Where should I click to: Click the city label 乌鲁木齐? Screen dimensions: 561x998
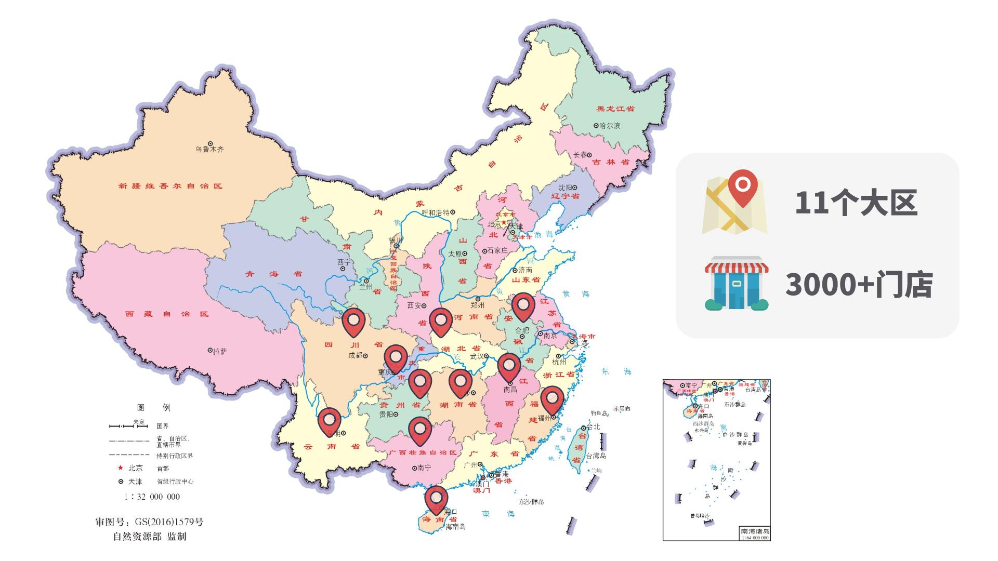pyautogui.click(x=209, y=150)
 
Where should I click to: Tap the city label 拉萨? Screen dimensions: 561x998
pyautogui.click(x=220, y=352)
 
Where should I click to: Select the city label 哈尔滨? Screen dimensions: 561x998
pyautogui.click(x=609, y=126)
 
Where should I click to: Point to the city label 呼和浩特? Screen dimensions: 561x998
pyautogui.click(x=436, y=212)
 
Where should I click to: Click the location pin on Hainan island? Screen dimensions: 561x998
pyautogui.click(x=436, y=499)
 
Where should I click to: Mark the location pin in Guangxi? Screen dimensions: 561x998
pyautogui.click(x=420, y=430)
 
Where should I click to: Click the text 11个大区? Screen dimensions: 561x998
pyautogui.click(x=856, y=203)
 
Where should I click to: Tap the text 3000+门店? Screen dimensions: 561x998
pyautogui.click(x=859, y=285)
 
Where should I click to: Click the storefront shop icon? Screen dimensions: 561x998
pyautogui.click(x=737, y=283)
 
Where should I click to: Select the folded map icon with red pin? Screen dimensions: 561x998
pyautogui.click(x=734, y=203)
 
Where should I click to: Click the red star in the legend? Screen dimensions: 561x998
pyautogui.click(x=121, y=468)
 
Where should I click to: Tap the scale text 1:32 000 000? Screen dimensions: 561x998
pyautogui.click(x=152, y=497)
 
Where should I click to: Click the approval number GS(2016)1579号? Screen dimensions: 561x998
pyautogui.click(x=149, y=522)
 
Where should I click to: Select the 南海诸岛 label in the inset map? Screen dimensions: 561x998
pyautogui.click(x=755, y=531)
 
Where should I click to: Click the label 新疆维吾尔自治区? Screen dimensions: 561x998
pyautogui.click(x=170, y=186)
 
